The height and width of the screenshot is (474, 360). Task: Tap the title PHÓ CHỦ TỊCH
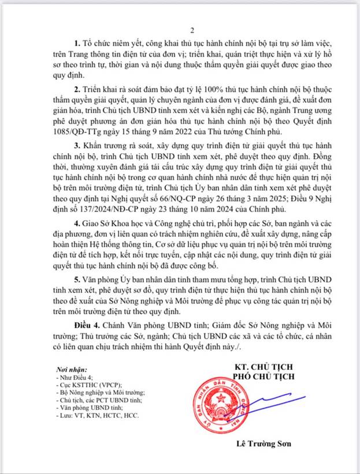(x=265, y=377)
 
